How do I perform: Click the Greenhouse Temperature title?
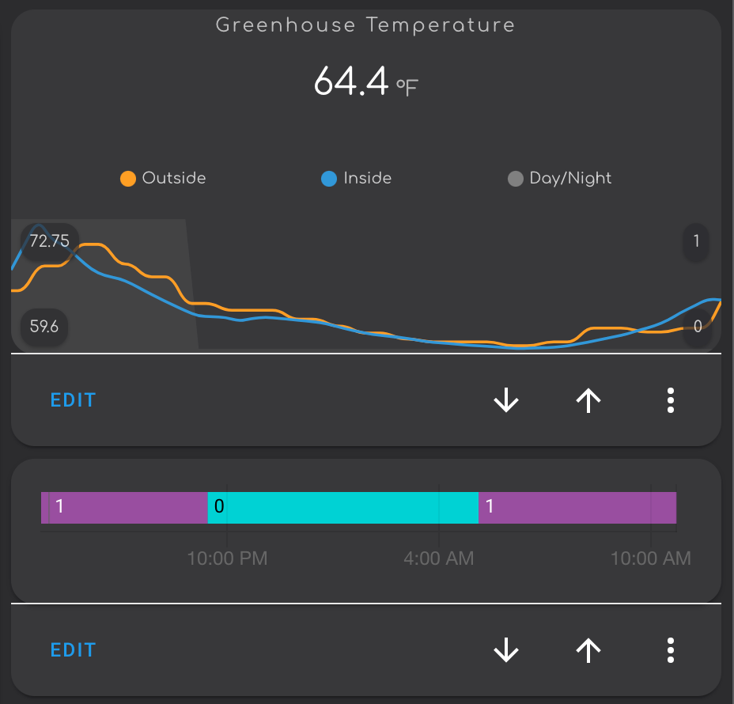click(365, 25)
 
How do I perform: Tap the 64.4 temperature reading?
click(350, 81)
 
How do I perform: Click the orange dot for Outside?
click(127, 179)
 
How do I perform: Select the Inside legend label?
click(367, 179)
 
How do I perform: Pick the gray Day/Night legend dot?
click(515, 179)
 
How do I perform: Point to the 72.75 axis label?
click(49, 241)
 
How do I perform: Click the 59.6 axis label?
click(44, 326)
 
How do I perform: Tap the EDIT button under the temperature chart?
click(73, 400)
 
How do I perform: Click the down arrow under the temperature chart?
click(506, 401)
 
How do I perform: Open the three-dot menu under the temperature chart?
click(671, 401)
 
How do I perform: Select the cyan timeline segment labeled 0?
click(343, 507)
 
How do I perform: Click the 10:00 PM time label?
click(227, 558)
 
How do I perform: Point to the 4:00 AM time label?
click(439, 558)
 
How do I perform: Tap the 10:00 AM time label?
click(650, 558)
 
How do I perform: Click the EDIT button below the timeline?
click(73, 650)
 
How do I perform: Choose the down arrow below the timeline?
click(506, 651)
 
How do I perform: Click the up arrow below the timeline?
click(588, 651)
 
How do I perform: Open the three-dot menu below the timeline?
click(671, 651)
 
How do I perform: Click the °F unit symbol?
click(407, 87)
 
